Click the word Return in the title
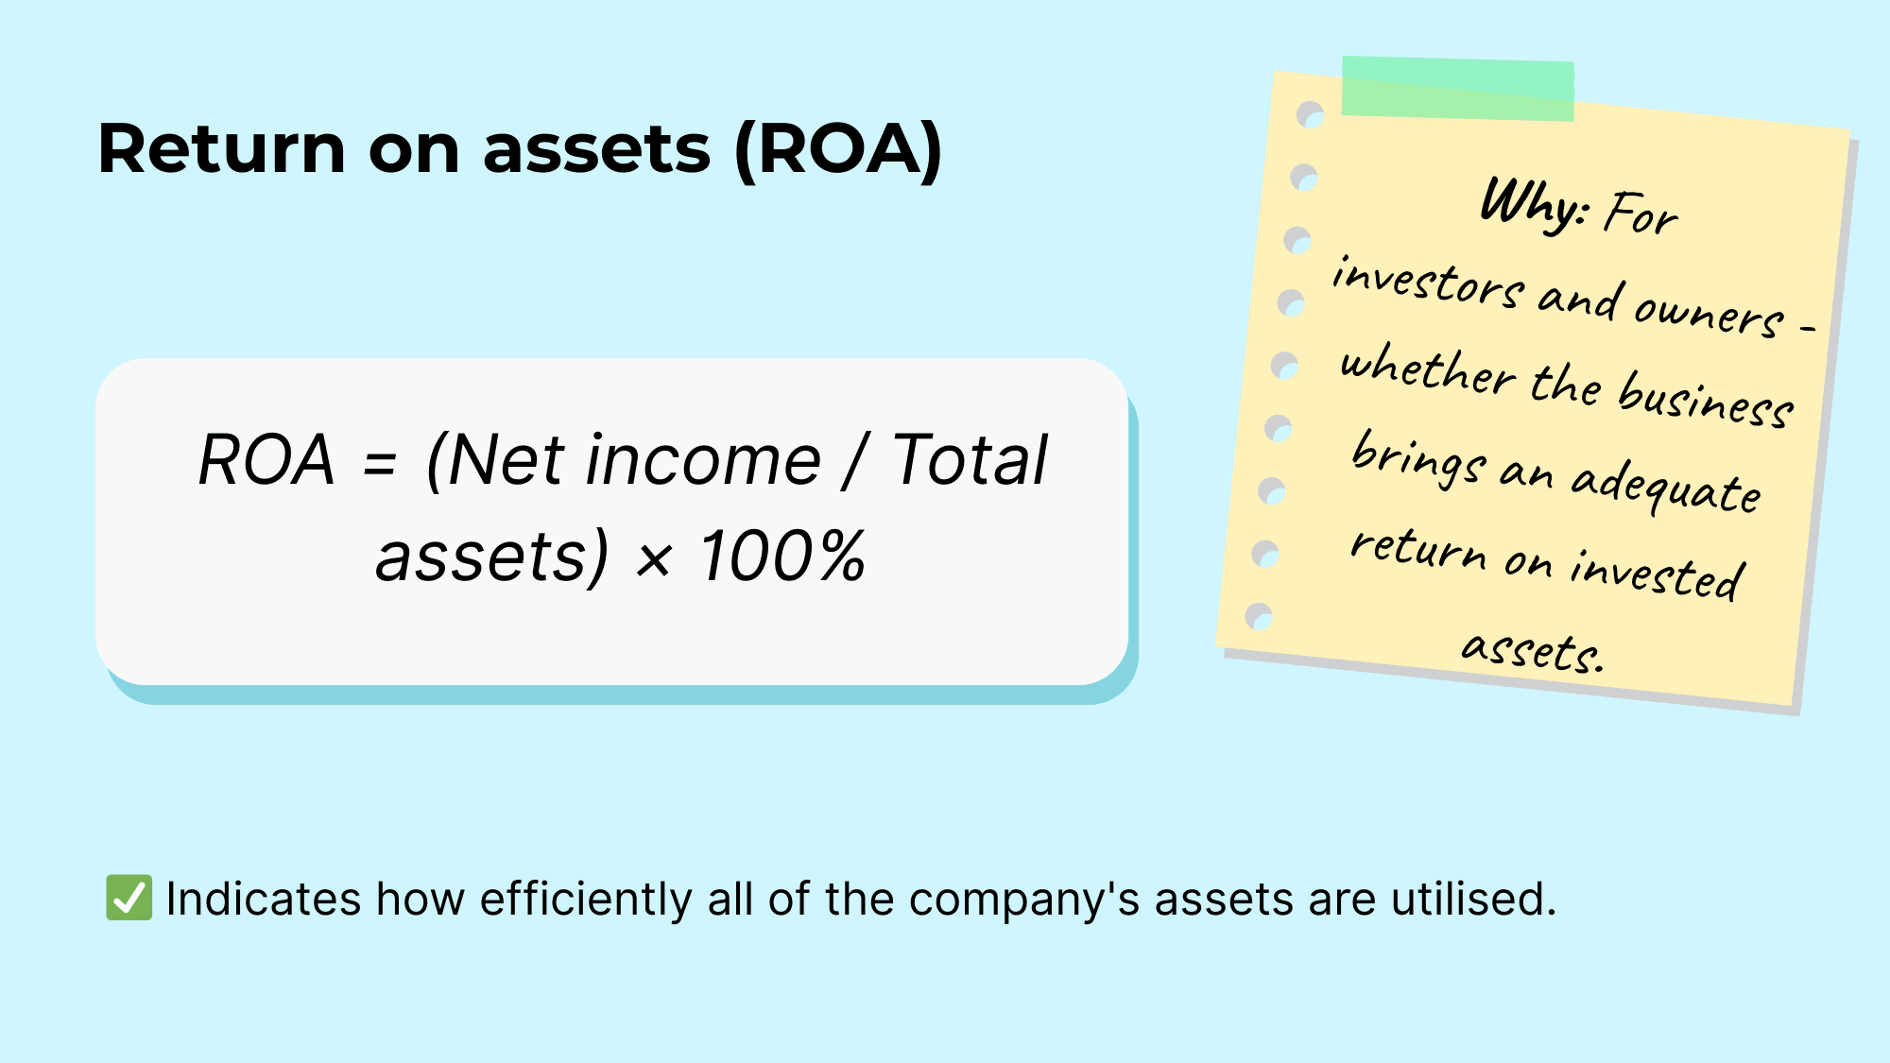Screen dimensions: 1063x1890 point(222,149)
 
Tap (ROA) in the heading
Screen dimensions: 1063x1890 point(838,149)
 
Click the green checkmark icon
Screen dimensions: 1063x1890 point(129,898)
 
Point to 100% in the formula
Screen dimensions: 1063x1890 point(782,556)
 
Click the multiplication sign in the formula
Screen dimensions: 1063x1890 point(653,559)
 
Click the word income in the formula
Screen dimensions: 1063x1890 point(703,460)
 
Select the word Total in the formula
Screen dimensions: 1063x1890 point(970,460)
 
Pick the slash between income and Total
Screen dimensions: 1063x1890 point(856,461)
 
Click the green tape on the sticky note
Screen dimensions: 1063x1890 point(1458,88)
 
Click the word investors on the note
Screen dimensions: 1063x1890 point(1428,282)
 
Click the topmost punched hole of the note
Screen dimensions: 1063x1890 point(1311,115)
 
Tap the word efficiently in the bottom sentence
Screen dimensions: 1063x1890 point(586,899)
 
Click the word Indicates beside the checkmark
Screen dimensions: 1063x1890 point(263,899)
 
